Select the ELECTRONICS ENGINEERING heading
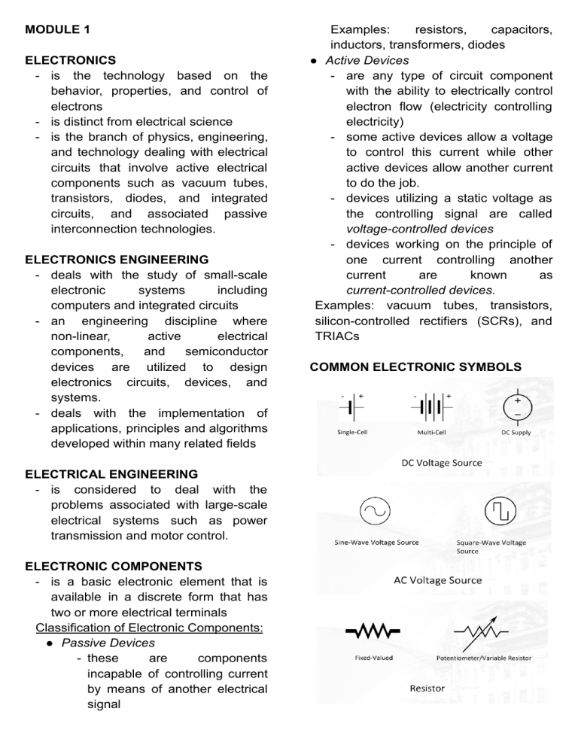(117, 260)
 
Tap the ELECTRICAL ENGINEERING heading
(111, 474)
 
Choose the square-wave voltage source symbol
(477, 512)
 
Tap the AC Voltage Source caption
(437, 580)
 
